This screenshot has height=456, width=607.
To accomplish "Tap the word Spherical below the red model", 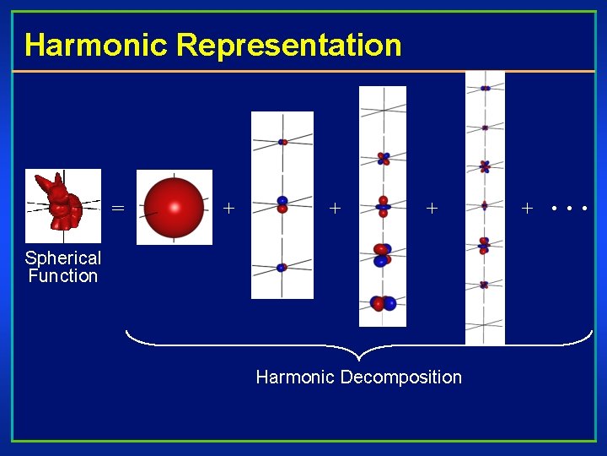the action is [x=63, y=258].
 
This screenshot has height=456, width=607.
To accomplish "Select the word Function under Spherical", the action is [x=63, y=276].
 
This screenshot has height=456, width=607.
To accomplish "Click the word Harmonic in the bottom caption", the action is [x=295, y=377].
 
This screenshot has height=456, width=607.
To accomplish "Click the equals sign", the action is [x=118, y=207].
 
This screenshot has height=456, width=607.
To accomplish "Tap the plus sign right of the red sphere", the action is [x=228, y=206].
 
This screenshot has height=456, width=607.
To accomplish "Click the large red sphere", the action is [x=174, y=207].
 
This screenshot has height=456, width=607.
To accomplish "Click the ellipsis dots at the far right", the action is [x=569, y=207].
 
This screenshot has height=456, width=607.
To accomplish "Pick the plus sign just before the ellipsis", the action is [x=528, y=207].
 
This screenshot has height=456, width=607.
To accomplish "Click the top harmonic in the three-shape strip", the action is [x=282, y=142].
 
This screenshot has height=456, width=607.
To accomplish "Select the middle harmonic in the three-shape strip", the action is [x=282, y=204].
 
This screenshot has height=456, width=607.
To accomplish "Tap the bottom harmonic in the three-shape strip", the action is [x=282, y=268].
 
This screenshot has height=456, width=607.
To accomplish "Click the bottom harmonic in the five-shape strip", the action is [x=383, y=302].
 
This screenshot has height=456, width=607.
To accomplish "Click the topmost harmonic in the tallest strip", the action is [x=485, y=88].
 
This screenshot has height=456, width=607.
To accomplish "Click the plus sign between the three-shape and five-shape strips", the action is [x=336, y=207].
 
